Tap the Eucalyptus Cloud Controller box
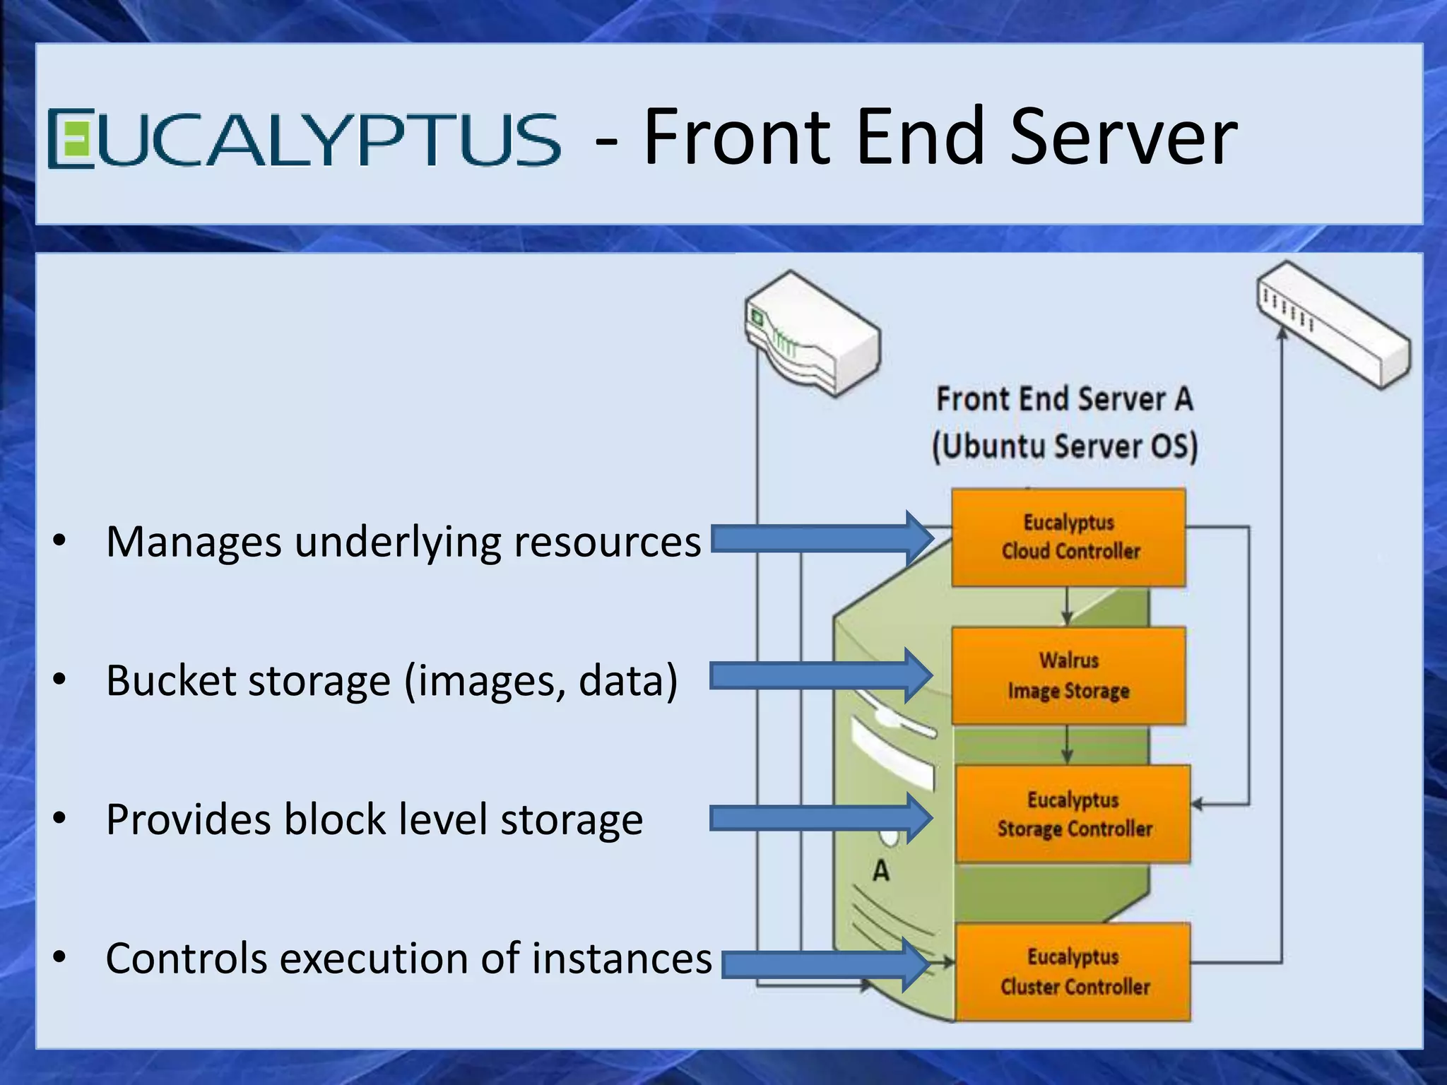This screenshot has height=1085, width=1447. point(1068,538)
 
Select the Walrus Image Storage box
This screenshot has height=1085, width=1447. point(1068,676)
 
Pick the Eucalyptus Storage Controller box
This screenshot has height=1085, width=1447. point(1073,814)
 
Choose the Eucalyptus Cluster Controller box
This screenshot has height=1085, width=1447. point(1073,971)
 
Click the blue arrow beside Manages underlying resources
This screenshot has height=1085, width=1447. point(820,539)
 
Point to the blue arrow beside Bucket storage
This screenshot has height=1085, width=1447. point(820,676)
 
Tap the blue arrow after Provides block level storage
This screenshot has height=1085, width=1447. point(820,819)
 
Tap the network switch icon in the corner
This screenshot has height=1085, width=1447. point(1333,325)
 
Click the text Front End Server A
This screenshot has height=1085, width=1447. point(1064,399)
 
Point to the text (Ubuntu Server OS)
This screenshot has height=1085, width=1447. point(1064,447)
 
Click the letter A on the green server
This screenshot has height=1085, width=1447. point(880,870)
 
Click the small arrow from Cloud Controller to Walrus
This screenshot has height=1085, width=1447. point(1067,607)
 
